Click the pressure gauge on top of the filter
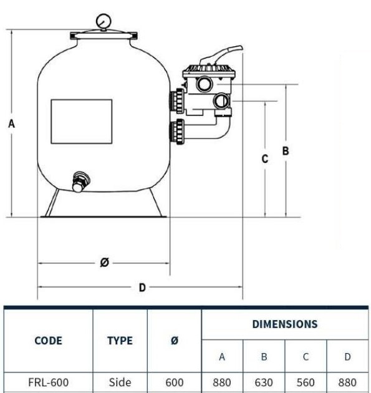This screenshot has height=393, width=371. pos(104,22)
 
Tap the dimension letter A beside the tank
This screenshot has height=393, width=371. pos(11,124)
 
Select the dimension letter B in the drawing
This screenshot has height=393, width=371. pos(286,151)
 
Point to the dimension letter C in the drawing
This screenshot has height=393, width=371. pos(265,159)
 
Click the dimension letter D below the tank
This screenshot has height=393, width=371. pos(142,288)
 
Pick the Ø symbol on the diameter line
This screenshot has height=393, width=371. pos(105,262)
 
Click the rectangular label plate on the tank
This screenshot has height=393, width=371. pos(82,121)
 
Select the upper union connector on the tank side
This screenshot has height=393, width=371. pos(177,101)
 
